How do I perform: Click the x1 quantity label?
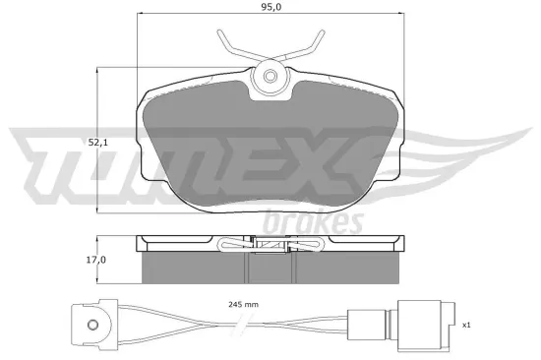pos(465,323)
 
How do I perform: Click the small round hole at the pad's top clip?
pos(271,78)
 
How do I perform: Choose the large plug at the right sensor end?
pos(413,322)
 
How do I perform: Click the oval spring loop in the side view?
pos(237,246)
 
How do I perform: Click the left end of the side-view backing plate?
pos(138,242)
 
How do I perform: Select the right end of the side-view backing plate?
pos(404,242)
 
